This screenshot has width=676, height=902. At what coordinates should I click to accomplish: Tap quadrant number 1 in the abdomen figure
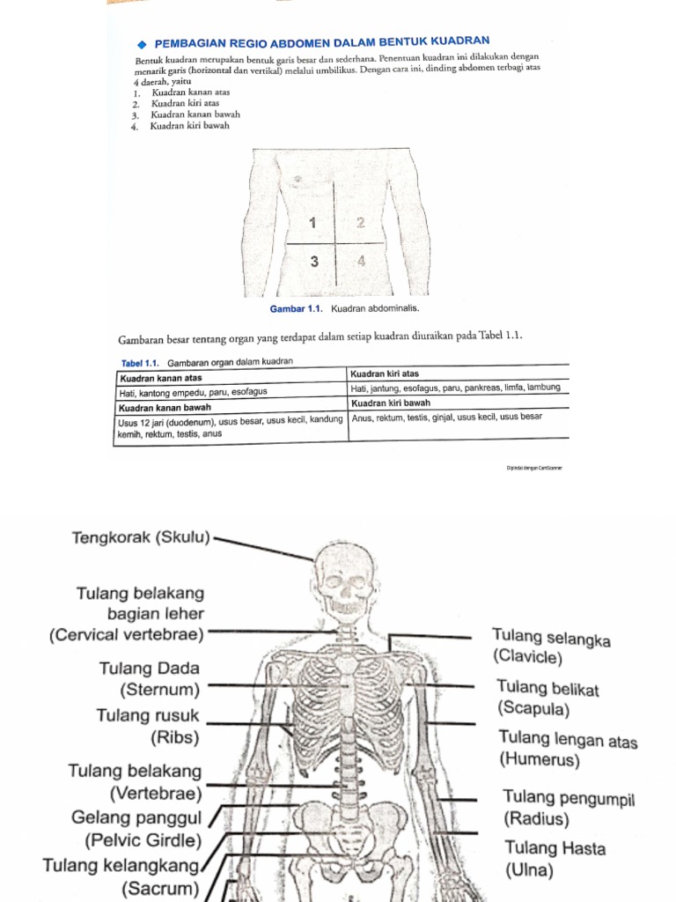click(x=312, y=222)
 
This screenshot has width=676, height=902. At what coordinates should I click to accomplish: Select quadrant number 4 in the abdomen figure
click(x=362, y=262)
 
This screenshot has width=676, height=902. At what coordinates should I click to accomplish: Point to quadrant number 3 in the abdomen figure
click(x=313, y=262)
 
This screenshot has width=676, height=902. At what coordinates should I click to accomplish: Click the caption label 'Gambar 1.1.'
click(x=298, y=309)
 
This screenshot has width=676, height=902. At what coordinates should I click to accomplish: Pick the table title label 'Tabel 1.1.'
click(x=138, y=363)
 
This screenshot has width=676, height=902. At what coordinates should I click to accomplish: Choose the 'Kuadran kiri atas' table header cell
click(x=385, y=374)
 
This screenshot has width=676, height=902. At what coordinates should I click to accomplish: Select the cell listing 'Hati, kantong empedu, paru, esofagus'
click(x=193, y=390)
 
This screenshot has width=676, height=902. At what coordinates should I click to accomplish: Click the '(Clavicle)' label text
click(x=528, y=657)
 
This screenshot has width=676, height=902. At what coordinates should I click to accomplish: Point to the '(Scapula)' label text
click(x=533, y=708)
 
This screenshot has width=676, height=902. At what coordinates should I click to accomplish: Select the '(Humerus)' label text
click(x=540, y=759)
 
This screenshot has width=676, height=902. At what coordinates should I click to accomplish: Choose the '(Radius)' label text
click(x=536, y=819)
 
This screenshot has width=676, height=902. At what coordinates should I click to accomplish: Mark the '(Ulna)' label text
click(x=529, y=871)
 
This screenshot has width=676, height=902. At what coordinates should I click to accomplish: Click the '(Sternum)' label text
click(x=159, y=690)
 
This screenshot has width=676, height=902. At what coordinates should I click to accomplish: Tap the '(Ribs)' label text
click(x=174, y=737)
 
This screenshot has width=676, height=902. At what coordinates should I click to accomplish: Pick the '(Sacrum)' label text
click(x=160, y=887)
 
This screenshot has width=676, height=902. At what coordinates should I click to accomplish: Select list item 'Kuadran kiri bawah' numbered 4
click(x=189, y=126)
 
